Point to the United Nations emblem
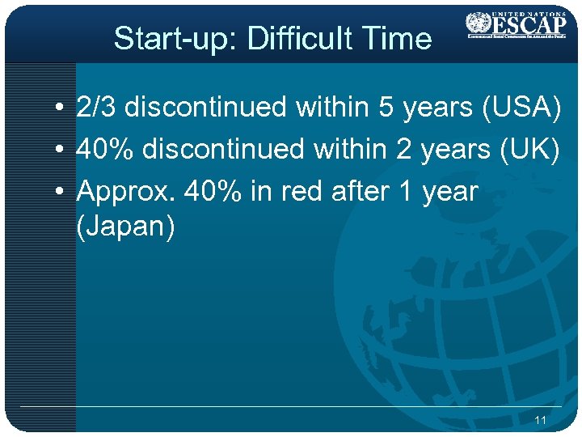479,22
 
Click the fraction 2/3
97,107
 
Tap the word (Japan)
124,227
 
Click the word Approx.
126,193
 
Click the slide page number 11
541,420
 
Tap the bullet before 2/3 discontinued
61,108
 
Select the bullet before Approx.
61,193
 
